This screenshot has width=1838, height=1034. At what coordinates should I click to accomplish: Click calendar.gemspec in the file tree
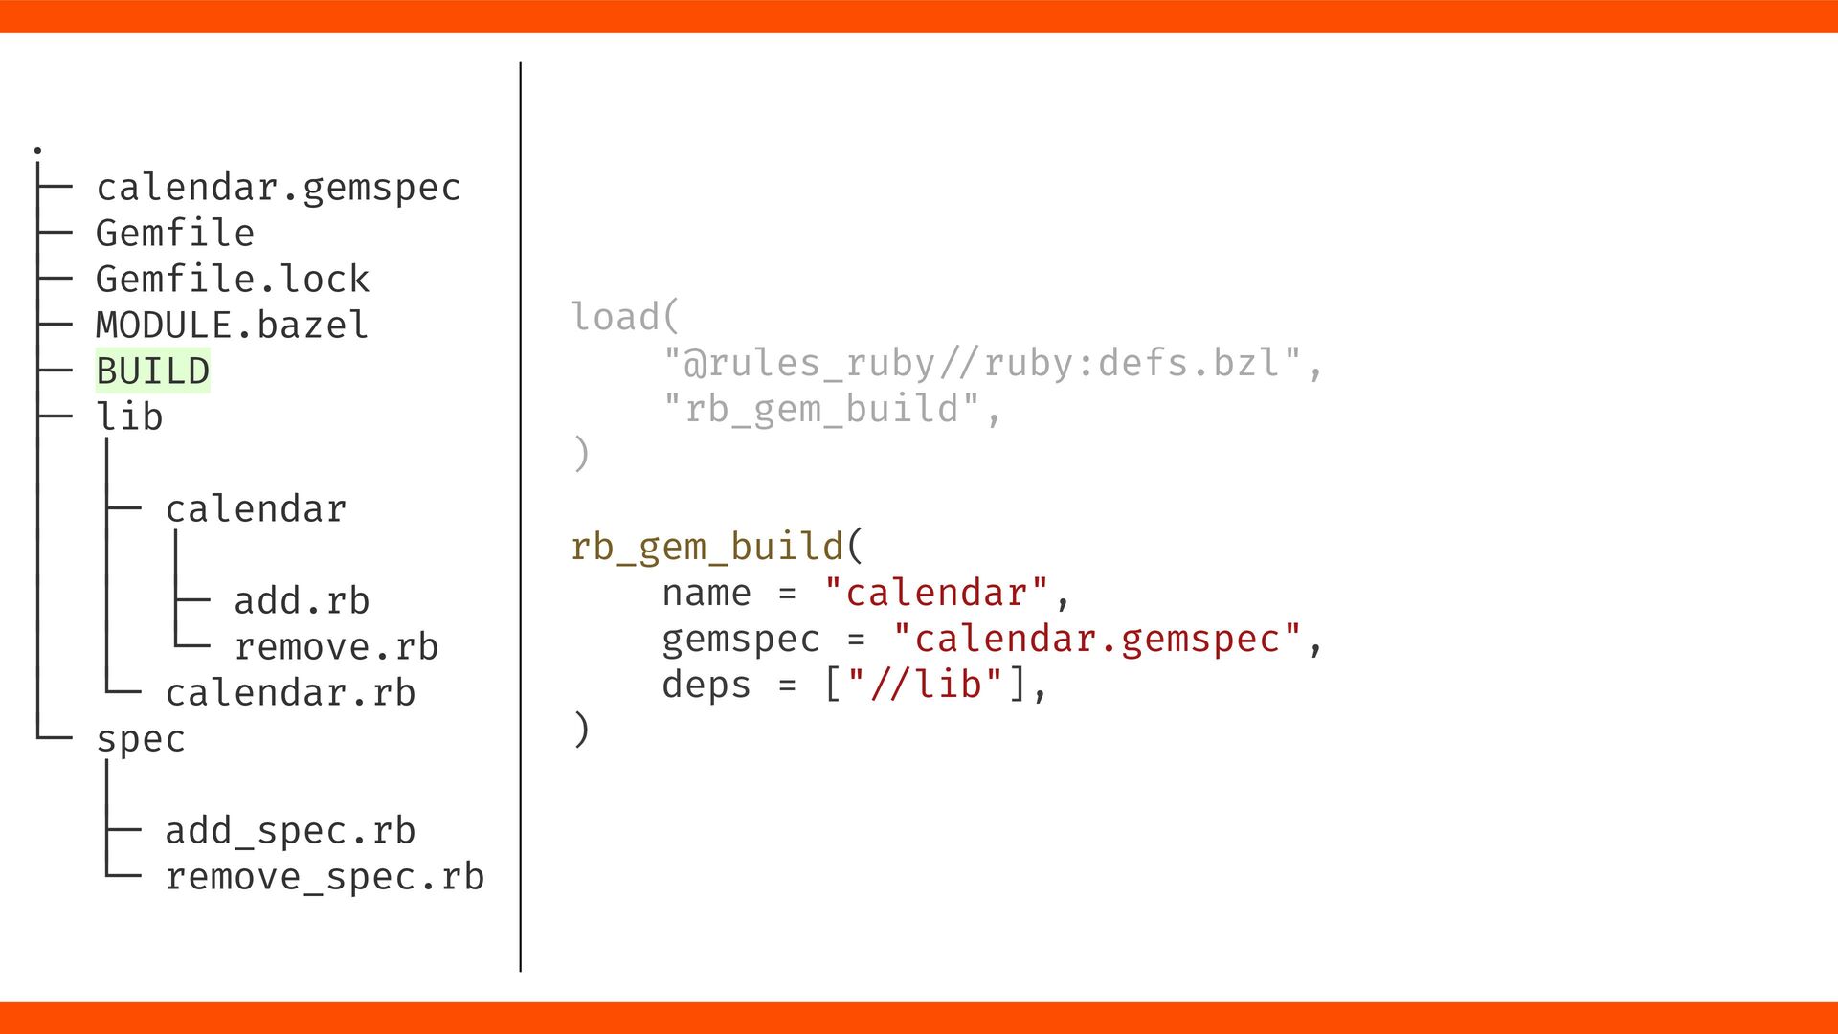pos(278,188)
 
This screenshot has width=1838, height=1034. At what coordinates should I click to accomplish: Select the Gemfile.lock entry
pos(232,280)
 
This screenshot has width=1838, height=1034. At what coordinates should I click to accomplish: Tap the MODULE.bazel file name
pos(232,326)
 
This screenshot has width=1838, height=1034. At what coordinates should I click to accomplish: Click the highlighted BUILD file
pos(153,371)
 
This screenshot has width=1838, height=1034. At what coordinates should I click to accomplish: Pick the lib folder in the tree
pos(129,417)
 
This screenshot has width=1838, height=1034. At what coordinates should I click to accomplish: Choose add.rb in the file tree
pos(302,601)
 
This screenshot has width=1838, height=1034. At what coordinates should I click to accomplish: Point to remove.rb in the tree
pos(336,647)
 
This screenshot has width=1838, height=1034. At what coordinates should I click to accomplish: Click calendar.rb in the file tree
pos(290,693)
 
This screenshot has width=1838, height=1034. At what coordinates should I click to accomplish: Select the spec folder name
pos(141,739)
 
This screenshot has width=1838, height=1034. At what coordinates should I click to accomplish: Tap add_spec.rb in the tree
pos(290,831)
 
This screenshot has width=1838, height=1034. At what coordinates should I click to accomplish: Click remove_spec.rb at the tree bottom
pos(325,877)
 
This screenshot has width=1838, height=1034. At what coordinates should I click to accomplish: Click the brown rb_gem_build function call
pos(706,548)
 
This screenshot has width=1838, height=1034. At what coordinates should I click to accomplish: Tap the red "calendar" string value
pos(936,594)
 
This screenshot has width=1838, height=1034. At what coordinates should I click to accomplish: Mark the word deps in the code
pos(706,686)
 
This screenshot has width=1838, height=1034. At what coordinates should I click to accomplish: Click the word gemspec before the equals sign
pos(741,640)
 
